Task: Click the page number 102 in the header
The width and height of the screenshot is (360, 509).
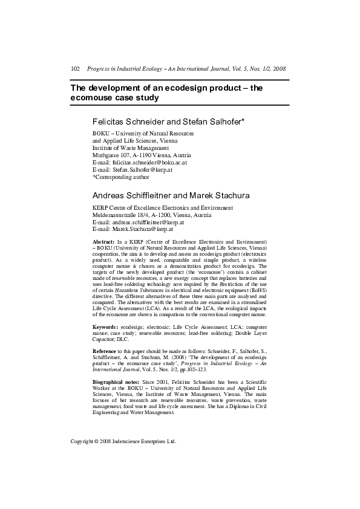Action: [76, 70]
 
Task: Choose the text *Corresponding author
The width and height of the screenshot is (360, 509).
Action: [120, 177]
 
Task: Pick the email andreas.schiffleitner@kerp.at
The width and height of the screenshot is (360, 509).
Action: [146, 222]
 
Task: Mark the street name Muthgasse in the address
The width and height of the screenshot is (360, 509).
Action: [106, 155]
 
